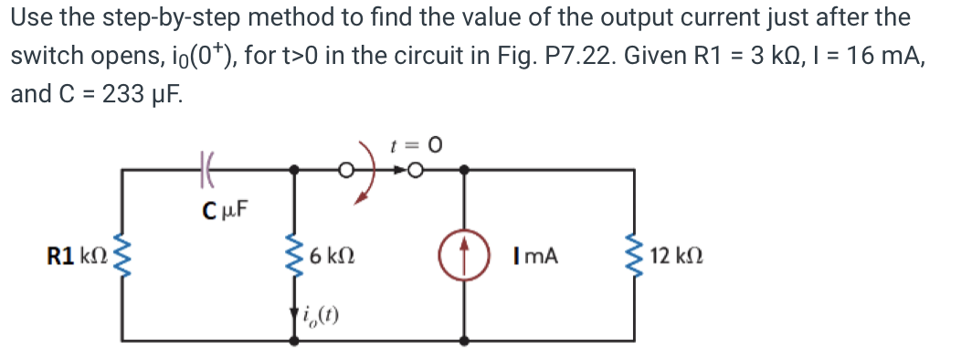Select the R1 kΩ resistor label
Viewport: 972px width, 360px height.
[x=74, y=255]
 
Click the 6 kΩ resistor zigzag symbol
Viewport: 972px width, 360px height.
[x=294, y=255]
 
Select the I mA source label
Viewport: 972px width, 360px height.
[x=535, y=256]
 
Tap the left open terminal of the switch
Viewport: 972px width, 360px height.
[x=346, y=169]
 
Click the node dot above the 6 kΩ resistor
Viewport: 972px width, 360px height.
[x=294, y=169]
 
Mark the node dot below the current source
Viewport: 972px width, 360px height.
[x=465, y=340]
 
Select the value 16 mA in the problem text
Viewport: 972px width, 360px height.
[x=875, y=56]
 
